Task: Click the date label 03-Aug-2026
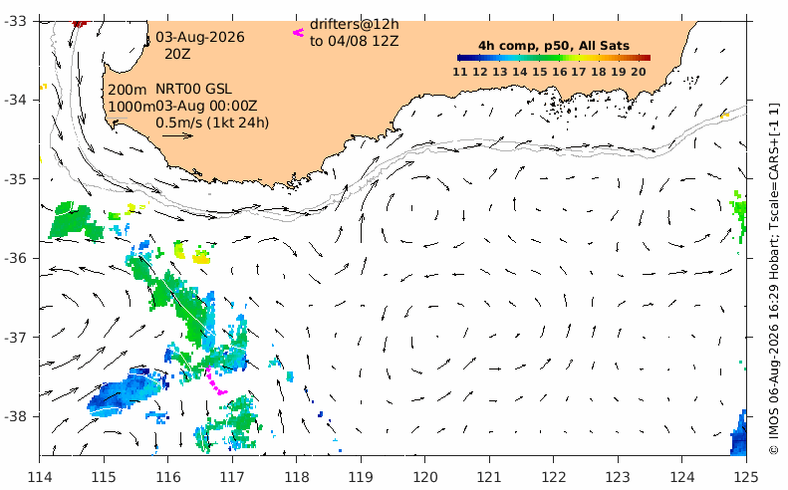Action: (x=200, y=37)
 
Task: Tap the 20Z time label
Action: (x=177, y=54)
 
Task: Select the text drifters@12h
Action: (x=355, y=24)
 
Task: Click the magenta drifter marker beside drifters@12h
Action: (x=299, y=33)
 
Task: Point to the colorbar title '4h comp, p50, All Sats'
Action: (x=554, y=46)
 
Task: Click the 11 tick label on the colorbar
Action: (x=460, y=72)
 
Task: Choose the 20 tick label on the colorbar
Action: (x=639, y=72)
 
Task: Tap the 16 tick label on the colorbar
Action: (x=559, y=72)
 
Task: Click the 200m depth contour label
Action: (x=128, y=90)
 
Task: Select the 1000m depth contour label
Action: (x=131, y=107)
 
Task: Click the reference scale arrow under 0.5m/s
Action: (x=177, y=135)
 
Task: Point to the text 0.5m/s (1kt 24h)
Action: (x=212, y=122)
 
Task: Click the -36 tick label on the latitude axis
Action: (x=17, y=258)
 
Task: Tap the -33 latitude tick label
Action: (x=17, y=21)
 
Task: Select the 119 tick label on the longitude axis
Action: (x=361, y=476)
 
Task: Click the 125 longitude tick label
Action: (x=746, y=476)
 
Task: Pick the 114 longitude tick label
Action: (x=39, y=476)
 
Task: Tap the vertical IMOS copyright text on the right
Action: (x=774, y=279)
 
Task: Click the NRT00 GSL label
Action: (x=193, y=89)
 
